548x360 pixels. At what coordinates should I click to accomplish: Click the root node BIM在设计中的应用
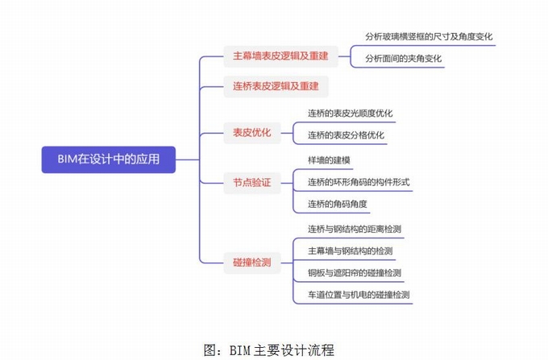[x=108, y=159]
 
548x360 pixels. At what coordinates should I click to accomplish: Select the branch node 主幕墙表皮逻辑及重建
[x=280, y=56]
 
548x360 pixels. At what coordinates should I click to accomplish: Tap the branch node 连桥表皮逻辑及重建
[x=276, y=85]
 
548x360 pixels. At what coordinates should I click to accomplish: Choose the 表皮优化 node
[x=251, y=131]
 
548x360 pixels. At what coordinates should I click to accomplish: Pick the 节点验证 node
[x=251, y=182]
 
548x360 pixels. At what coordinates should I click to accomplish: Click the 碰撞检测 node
[x=251, y=262]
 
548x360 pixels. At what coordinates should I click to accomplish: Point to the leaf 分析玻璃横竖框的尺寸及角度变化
[x=428, y=37]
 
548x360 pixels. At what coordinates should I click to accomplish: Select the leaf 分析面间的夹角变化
[x=403, y=59]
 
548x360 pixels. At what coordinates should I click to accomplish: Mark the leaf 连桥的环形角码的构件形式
[x=359, y=182]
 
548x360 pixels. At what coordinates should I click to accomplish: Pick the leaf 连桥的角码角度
[x=337, y=204]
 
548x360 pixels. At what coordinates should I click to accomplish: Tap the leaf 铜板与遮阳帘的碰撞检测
[x=354, y=273]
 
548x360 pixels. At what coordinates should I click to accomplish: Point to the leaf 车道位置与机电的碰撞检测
[x=359, y=295]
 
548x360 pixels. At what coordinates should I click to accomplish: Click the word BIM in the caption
[x=241, y=350]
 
